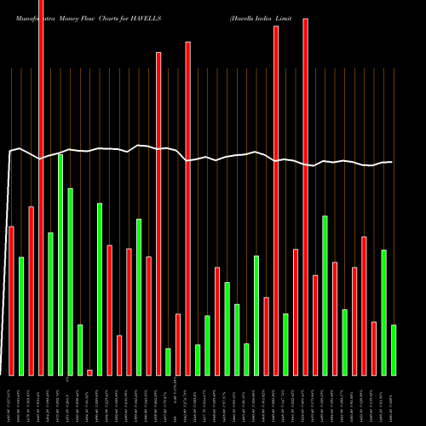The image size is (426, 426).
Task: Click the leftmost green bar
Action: click(21, 315)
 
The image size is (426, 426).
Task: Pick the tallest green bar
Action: click(60, 264)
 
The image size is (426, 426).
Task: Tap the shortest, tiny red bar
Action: click(89, 372)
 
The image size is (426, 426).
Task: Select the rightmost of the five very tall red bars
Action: click(305, 196)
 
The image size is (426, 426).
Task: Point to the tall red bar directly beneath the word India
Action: click(276, 200)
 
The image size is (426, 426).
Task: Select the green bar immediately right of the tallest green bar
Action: click(70, 281)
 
